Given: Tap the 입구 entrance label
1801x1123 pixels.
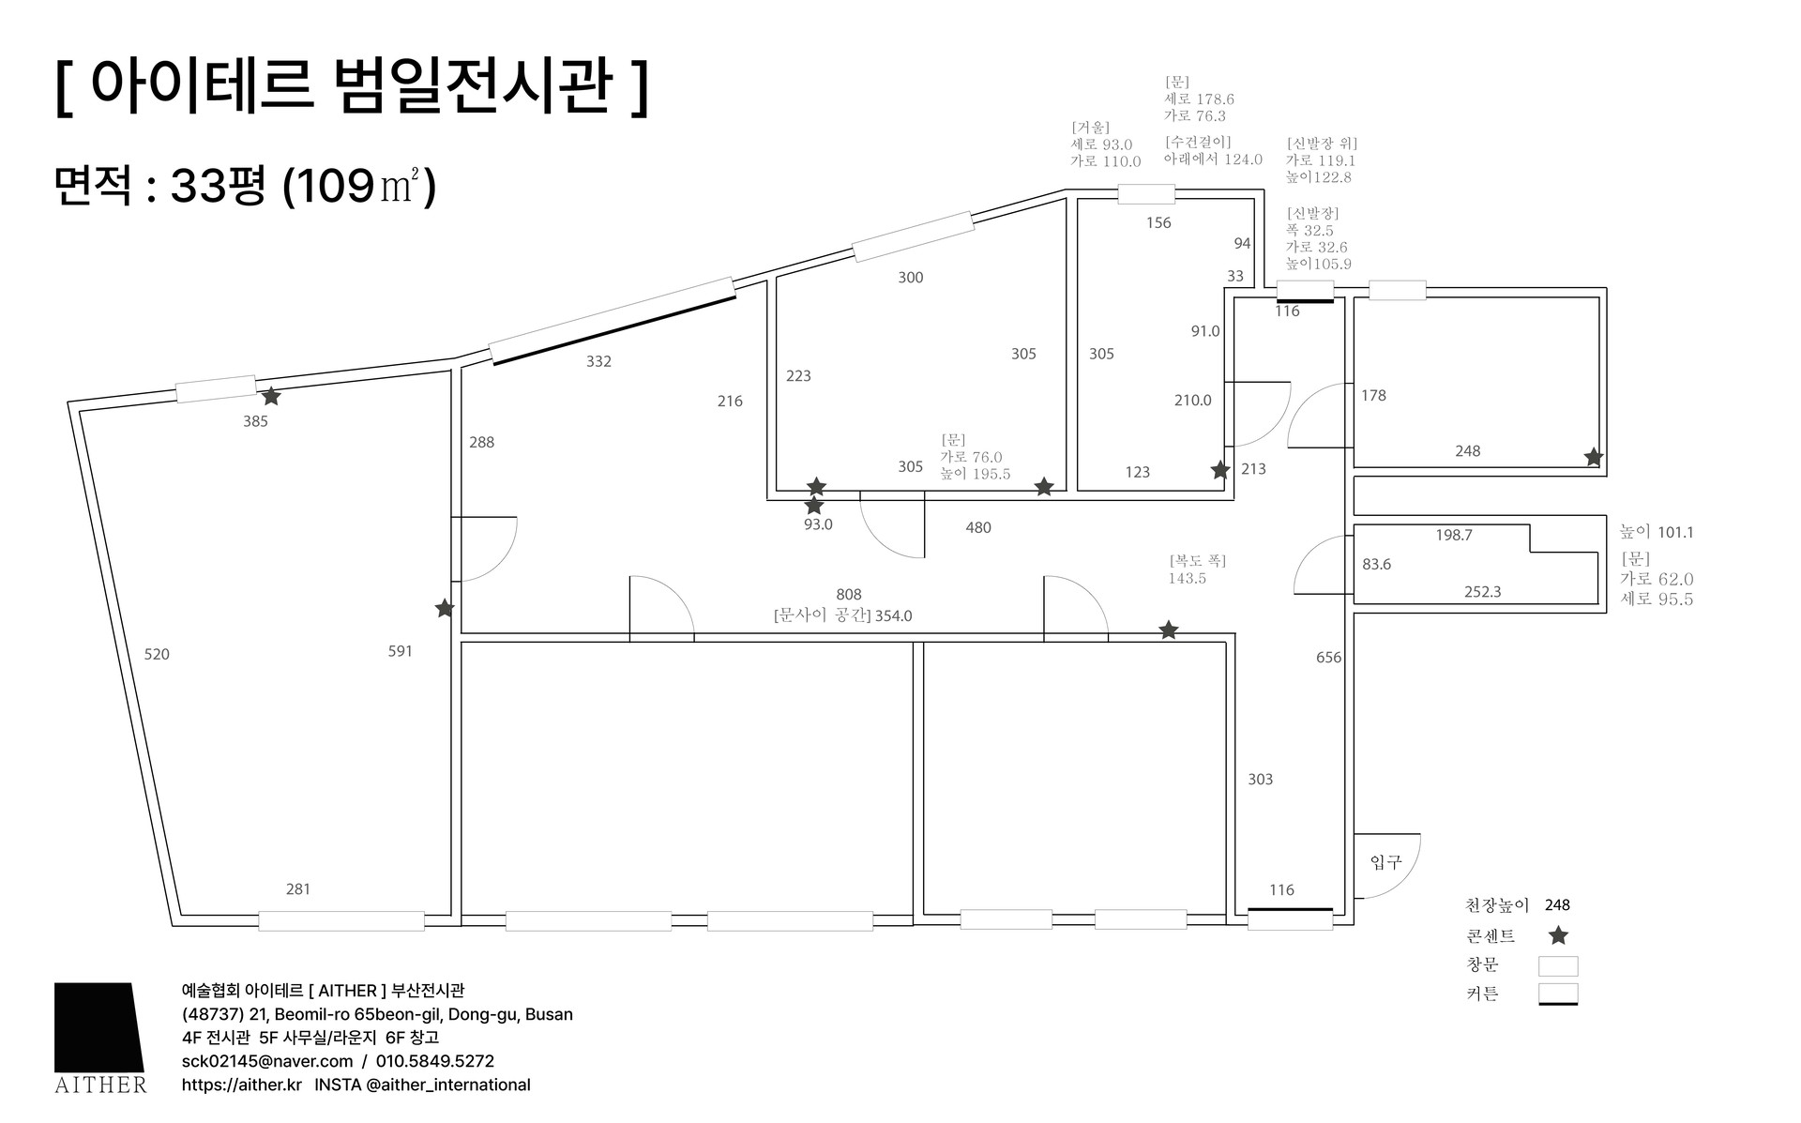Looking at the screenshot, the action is (x=1385, y=861).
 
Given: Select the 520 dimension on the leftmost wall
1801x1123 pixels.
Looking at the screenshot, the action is (x=157, y=654).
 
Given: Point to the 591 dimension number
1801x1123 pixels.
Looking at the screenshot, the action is (x=401, y=651).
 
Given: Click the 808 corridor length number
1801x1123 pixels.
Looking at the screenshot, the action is (x=849, y=594).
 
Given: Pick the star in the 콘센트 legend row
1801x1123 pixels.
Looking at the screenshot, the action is (x=1558, y=935).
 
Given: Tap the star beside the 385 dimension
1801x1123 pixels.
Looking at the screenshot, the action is (x=271, y=397).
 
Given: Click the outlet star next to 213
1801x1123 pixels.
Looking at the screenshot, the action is (x=1219, y=470).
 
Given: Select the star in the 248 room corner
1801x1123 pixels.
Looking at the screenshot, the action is (x=1593, y=457).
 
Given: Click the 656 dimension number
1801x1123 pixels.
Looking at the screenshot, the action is (x=1328, y=657).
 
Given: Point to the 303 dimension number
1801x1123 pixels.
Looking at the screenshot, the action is (x=1260, y=779).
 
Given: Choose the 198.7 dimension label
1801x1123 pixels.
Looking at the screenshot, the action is (x=1454, y=535).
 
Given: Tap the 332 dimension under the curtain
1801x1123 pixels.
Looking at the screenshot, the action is (x=598, y=361).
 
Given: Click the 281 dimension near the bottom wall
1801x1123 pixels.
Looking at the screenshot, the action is (x=298, y=888).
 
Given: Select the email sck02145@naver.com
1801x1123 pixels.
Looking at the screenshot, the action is (x=267, y=1061).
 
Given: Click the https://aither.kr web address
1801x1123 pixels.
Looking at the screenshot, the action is (x=242, y=1085).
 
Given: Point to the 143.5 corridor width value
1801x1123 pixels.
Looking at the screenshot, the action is (x=1187, y=578).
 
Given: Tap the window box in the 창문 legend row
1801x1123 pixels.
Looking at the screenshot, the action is (x=1558, y=965).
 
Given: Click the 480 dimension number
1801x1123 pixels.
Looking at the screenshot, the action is (x=978, y=527).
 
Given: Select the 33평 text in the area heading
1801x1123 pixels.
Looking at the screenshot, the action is (x=218, y=186).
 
